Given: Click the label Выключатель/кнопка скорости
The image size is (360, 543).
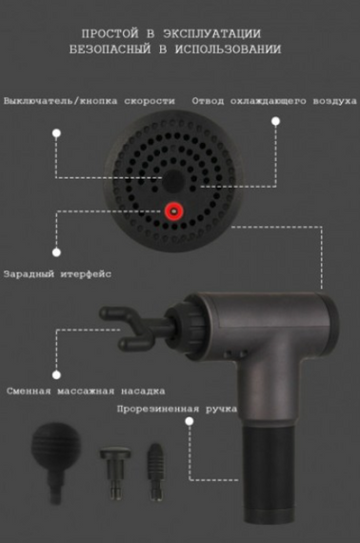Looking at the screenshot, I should pyautogui.click(x=90, y=100).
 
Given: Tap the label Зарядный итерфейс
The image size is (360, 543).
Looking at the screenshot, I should pyautogui.click(x=57, y=274).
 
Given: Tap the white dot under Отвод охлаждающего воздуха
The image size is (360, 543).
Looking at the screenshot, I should pyautogui.click(x=276, y=122).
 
